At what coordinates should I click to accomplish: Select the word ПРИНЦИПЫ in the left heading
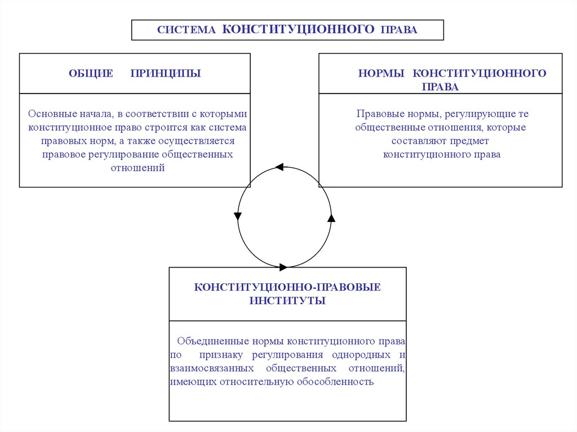tap(166, 73)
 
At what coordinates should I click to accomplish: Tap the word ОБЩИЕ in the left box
tap(91, 73)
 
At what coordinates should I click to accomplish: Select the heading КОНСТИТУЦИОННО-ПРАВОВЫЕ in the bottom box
tap(287, 287)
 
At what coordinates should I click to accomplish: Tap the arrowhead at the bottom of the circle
tap(283, 266)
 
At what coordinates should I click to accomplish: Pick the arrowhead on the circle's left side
tap(238, 215)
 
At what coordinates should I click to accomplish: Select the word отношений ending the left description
tap(137, 167)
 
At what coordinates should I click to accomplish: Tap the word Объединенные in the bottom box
tap(213, 341)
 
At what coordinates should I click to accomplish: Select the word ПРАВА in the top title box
tap(400, 30)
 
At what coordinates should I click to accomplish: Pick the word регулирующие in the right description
tap(474, 114)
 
